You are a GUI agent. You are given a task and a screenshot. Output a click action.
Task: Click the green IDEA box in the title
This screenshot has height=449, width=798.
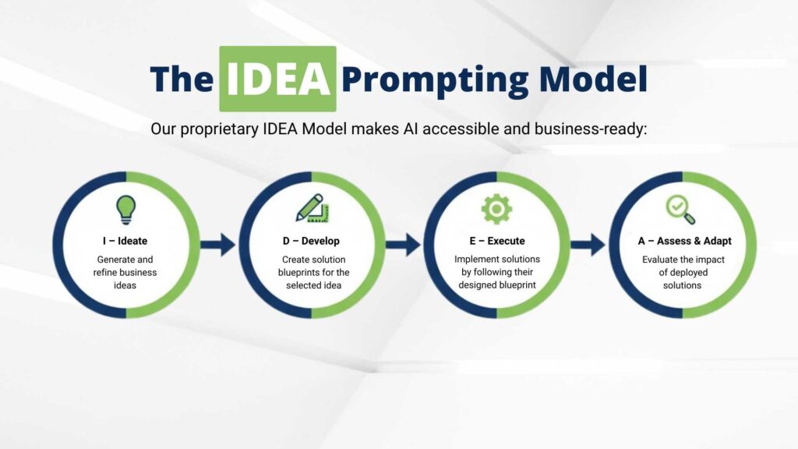(277, 79)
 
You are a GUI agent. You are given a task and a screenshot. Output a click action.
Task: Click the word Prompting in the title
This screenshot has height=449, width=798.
(435, 80)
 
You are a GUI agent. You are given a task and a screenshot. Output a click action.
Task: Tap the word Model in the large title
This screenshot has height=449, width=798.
(593, 79)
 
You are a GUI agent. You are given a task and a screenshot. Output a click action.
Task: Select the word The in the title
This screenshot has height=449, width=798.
(182, 79)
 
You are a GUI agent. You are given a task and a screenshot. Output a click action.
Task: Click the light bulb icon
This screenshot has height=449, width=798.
(125, 210)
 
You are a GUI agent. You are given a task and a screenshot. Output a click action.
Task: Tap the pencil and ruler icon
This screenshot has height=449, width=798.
(312, 208)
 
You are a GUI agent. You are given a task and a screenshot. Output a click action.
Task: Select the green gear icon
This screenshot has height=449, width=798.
(496, 209)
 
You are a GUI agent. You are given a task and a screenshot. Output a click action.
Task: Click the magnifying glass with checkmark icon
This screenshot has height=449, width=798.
(680, 210)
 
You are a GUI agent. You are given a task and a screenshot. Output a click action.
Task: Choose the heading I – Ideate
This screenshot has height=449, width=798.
(125, 241)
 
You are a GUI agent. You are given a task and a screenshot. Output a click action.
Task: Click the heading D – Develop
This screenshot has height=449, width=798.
(311, 241)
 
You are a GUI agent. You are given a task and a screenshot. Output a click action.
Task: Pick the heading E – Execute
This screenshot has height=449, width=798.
(496, 241)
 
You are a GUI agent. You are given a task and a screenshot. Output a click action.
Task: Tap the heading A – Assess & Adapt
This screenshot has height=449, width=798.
(684, 241)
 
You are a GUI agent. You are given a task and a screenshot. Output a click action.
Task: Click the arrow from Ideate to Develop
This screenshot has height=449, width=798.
(218, 245)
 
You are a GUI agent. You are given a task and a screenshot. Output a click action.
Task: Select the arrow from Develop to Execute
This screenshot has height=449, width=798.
(403, 245)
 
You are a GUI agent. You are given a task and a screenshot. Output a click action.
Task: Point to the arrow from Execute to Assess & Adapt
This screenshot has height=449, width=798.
(588, 245)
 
